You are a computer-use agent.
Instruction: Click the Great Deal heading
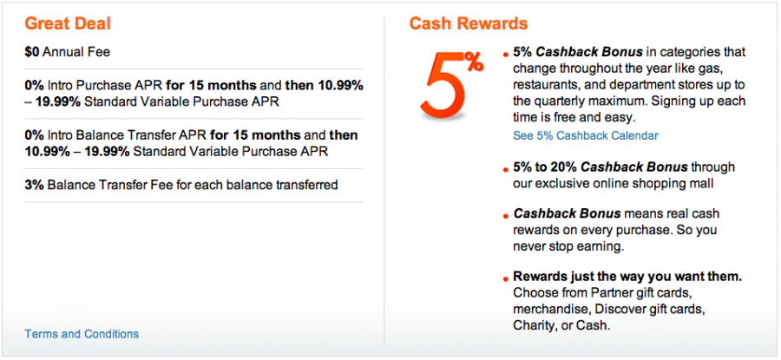click(68, 24)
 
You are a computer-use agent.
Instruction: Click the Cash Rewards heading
click(469, 24)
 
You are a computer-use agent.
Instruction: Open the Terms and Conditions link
click(82, 334)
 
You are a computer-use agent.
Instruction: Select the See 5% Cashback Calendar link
click(586, 135)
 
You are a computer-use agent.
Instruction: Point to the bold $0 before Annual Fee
click(32, 52)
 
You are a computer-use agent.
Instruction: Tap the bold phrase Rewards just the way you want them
click(627, 277)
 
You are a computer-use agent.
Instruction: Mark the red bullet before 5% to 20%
click(507, 170)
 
